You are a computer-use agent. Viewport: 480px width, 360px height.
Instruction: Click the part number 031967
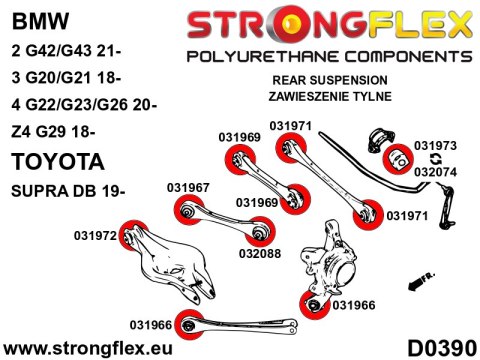[188, 188]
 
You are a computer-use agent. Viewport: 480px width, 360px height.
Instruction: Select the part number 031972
[95, 236]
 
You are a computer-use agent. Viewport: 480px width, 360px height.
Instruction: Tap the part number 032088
[260, 254]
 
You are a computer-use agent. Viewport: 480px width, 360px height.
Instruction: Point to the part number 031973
[435, 146]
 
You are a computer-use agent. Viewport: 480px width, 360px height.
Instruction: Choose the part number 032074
[435, 172]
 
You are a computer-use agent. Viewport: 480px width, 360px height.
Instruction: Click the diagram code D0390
[442, 349]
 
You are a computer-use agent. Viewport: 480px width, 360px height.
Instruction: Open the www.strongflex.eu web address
[88, 349]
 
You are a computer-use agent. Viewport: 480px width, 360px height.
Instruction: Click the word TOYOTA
[58, 162]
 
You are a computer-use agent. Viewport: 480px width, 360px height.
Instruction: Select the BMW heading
[40, 21]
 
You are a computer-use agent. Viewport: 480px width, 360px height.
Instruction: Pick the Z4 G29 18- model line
[53, 132]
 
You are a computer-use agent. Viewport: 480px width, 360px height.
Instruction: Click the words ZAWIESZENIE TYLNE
[330, 96]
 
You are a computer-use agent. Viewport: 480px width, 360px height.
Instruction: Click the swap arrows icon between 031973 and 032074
[435, 159]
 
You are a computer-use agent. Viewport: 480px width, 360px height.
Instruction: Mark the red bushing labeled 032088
[260, 232]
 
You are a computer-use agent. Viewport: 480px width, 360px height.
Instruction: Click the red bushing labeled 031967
[188, 210]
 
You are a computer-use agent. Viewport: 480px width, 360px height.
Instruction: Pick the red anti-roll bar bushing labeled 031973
[398, 159]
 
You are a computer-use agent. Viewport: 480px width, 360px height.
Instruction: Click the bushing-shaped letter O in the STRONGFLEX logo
[289, 24]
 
